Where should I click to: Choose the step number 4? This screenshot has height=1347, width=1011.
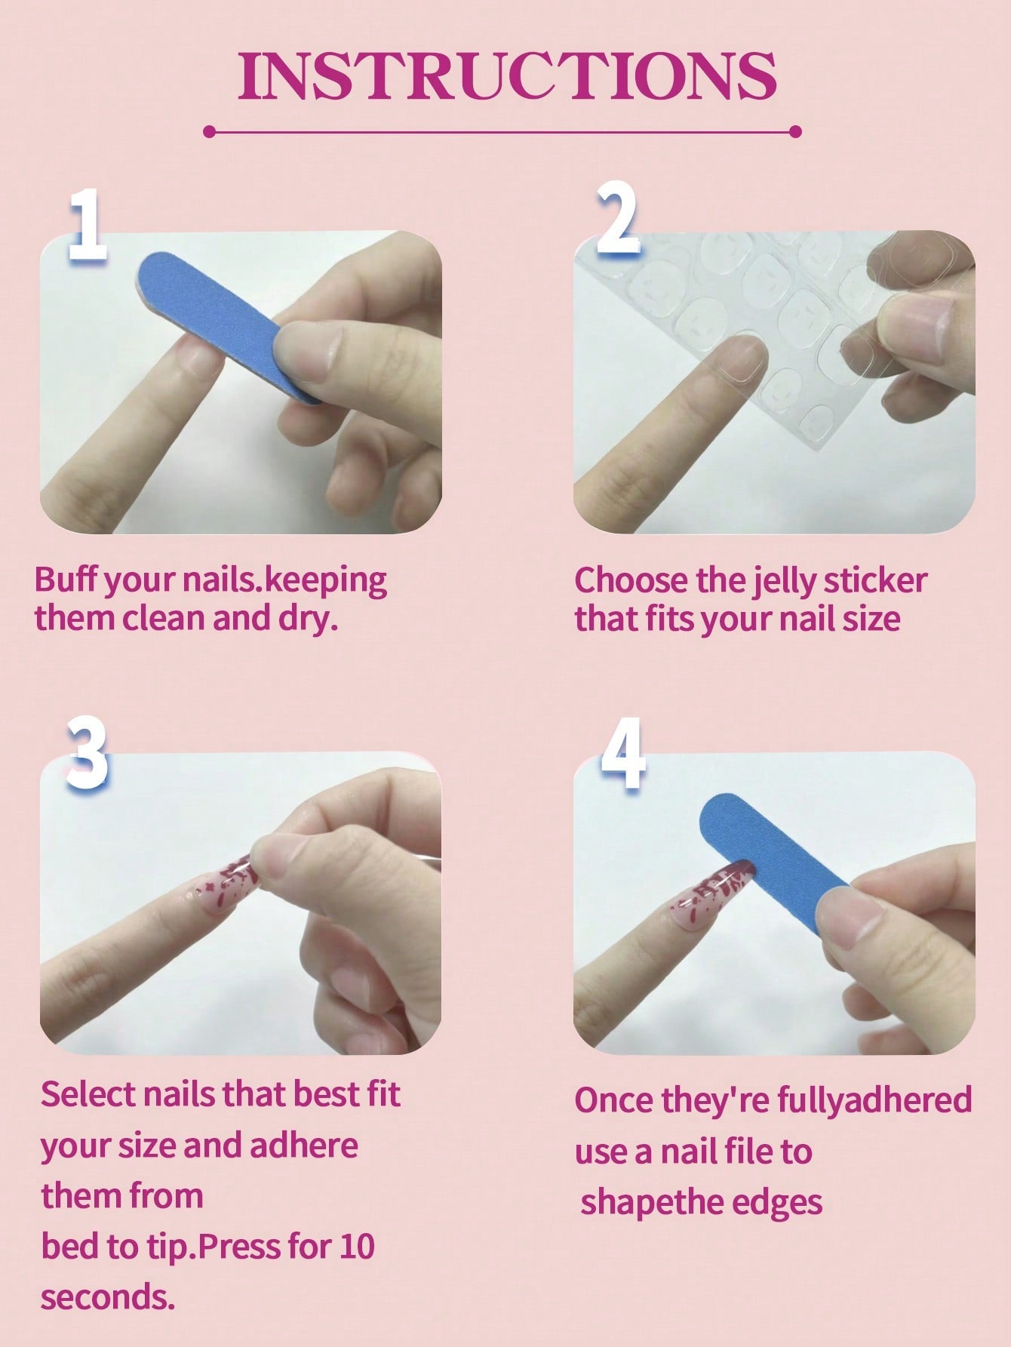(x=623, y=752)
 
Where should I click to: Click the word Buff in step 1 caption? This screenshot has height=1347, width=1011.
(x=66, y=580)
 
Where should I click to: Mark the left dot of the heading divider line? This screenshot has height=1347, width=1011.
(x=210, y=132)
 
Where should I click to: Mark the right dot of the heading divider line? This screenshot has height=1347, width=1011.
(x=795, y=132)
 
